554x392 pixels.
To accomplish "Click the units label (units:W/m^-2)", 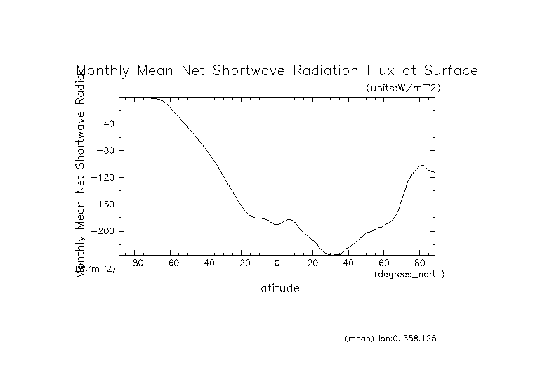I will click(x=403, y=88).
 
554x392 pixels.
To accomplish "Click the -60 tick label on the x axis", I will click(x=170, y=263).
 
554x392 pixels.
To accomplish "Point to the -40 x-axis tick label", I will click(x=205, y=263).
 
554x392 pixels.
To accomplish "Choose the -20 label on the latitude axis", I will click(x=241, y=263).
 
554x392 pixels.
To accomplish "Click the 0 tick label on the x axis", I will click(x=277, y=263).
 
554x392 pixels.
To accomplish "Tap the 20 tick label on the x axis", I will click(x=312, y=263).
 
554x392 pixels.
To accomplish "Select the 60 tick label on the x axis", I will click(x=383, y=263).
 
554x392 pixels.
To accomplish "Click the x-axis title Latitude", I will click(x=277, y=288).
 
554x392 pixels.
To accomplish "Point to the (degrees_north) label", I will click(x=409, y=273).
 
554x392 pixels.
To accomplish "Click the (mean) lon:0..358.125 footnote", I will click(x=391, y=339).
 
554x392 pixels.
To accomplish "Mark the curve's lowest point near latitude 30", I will click(x=334, y=254).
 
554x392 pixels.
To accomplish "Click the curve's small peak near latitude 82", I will click(x=423, y=166).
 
